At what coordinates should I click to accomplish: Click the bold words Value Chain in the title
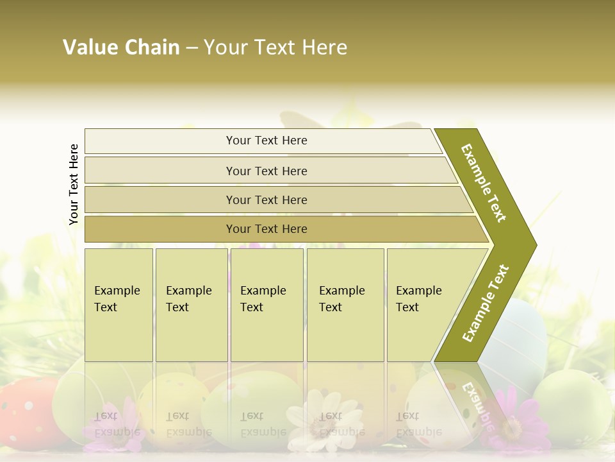[x=121, y=47]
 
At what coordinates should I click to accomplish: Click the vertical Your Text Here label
[x=74, y=184]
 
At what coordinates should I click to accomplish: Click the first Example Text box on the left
[x=119, y=305]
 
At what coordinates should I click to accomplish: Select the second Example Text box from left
[x=192, y=305]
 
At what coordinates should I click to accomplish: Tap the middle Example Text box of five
[x=266, y=305]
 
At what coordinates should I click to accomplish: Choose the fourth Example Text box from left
[x=345, y=305]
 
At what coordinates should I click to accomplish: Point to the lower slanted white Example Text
[x=486, y=303]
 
